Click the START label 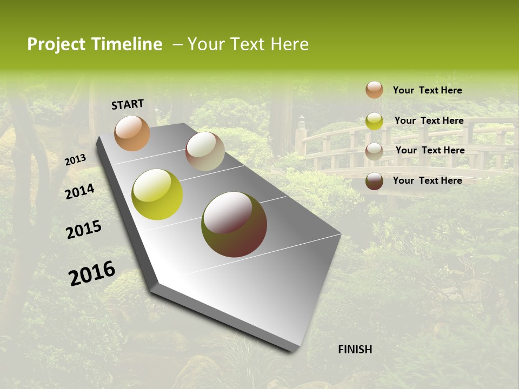click(x=128, y=104)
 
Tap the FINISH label click(x=355, y=350)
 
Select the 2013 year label click(x=75, y=160)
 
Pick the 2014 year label click(x=79, y=191)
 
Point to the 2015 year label click(x=84, y=230)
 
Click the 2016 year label click(x=92, y=273)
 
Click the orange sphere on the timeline click(x=132, y=133)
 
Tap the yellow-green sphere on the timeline click(x=157, y=194)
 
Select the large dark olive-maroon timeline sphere click(x=234, y=224)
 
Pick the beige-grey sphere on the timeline click(x=205, y=151)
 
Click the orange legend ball click(x=374, y=90)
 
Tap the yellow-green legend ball click(x=374, y=120)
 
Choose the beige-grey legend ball click(x=374, y=151)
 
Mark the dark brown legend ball click(x=374, y=180)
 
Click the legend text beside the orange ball click(x=427, y=90)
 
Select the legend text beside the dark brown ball click(x=427, y=180)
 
